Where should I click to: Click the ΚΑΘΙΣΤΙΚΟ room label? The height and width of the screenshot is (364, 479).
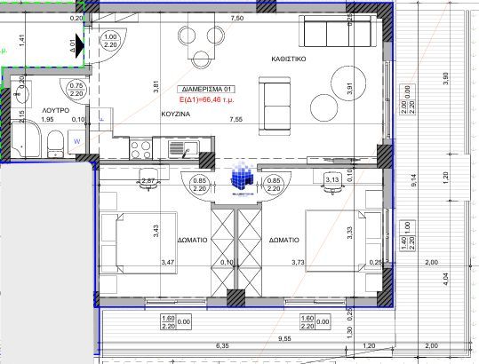click(289, 58)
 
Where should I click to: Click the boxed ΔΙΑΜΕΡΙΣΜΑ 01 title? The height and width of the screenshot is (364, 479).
click(206, 90)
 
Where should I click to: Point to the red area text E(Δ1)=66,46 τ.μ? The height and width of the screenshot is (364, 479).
click(205, 100)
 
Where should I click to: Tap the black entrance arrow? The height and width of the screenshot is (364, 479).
click(80, 42)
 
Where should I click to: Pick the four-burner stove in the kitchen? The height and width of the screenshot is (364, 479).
click(142, 147)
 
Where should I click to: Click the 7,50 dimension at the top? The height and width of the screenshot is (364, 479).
click(236, 18)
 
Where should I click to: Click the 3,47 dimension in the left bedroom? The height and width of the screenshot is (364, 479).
click(167, 262)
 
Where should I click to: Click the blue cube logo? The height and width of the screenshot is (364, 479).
click(240, 176)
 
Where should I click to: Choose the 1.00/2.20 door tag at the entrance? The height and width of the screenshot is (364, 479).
click(109, 41)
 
